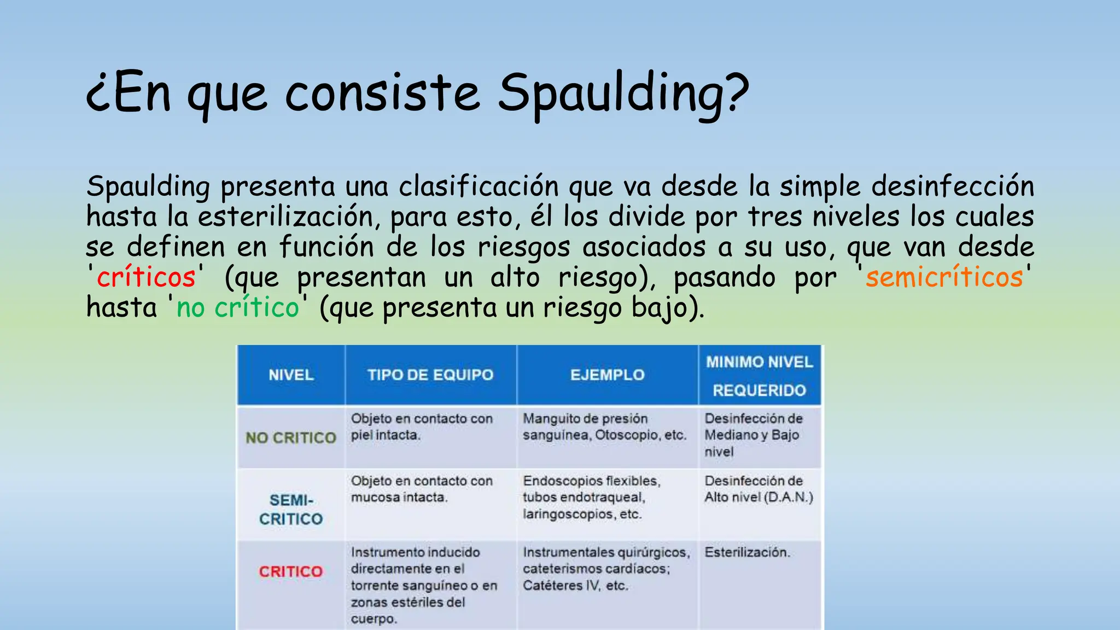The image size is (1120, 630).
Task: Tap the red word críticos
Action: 146,277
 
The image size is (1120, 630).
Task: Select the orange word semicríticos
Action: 944,277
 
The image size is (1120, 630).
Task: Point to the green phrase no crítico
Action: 238,307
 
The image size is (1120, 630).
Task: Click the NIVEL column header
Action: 291,375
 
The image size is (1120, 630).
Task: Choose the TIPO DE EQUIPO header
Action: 430,375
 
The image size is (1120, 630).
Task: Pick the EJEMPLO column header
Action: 607,375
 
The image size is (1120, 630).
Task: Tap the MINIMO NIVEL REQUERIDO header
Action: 759,376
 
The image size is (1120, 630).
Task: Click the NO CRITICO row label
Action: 291,437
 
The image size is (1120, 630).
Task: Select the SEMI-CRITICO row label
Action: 291,510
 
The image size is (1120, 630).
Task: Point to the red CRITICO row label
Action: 291,571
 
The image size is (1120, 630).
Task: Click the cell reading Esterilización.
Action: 747,552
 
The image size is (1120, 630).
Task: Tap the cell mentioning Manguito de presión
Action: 604,427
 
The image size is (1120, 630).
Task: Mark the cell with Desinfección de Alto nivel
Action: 759,489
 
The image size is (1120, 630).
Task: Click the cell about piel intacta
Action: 422,427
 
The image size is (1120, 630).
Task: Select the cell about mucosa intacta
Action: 422,489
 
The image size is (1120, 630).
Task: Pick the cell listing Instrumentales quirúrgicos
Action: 606,569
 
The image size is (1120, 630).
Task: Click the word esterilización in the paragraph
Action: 285,217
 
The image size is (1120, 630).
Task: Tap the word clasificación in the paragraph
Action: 478,187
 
